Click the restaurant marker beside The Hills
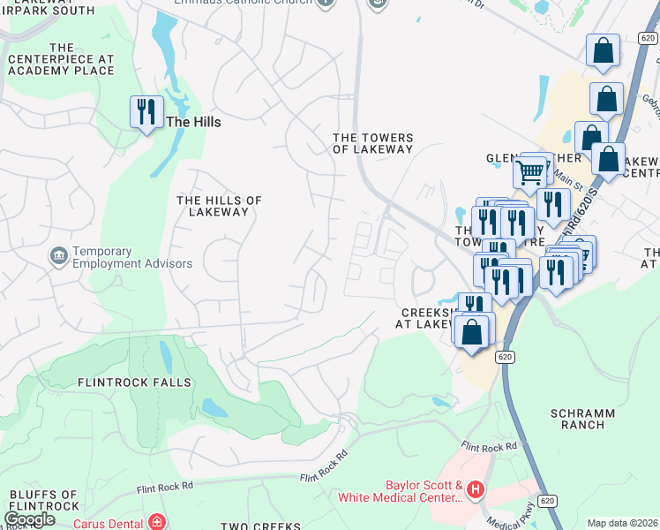tap(146, 112)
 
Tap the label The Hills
tap(193, 122)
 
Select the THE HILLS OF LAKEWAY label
tap(219, 206)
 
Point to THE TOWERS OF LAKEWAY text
tap(372, 144)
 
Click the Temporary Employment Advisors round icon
tap(59, 256)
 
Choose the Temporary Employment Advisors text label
tap(132, 257)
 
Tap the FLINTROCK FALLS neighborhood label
tap(134, 382)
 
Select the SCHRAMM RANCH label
tap(578, 418)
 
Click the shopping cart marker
tap(529, 171)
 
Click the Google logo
tap(29, 519)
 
